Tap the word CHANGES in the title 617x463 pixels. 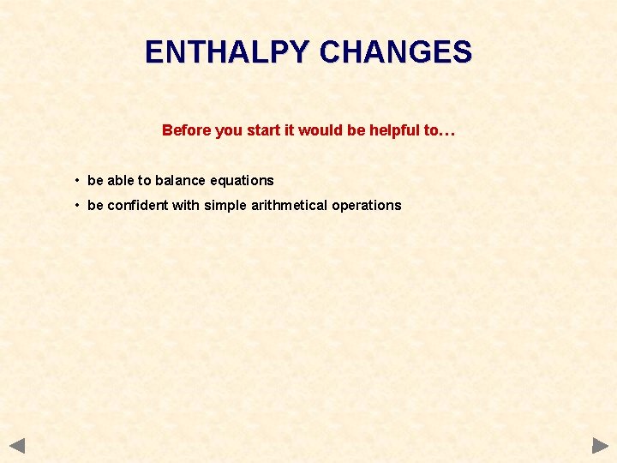pyautogui.click(x=395, y=52)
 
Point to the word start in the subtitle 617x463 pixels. pyautogui.click(x=263, y=130)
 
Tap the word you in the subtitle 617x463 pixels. pyautogui.click(x=229, y=130)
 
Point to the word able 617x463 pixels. pyautogui.click(x=121, y=180)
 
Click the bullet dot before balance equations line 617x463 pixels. pyautogui.click(x=77, y=180)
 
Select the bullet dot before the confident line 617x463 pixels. pyautogui.click(x=77, y=205)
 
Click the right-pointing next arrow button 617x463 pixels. pyautogui.click(x=600, y=446)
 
